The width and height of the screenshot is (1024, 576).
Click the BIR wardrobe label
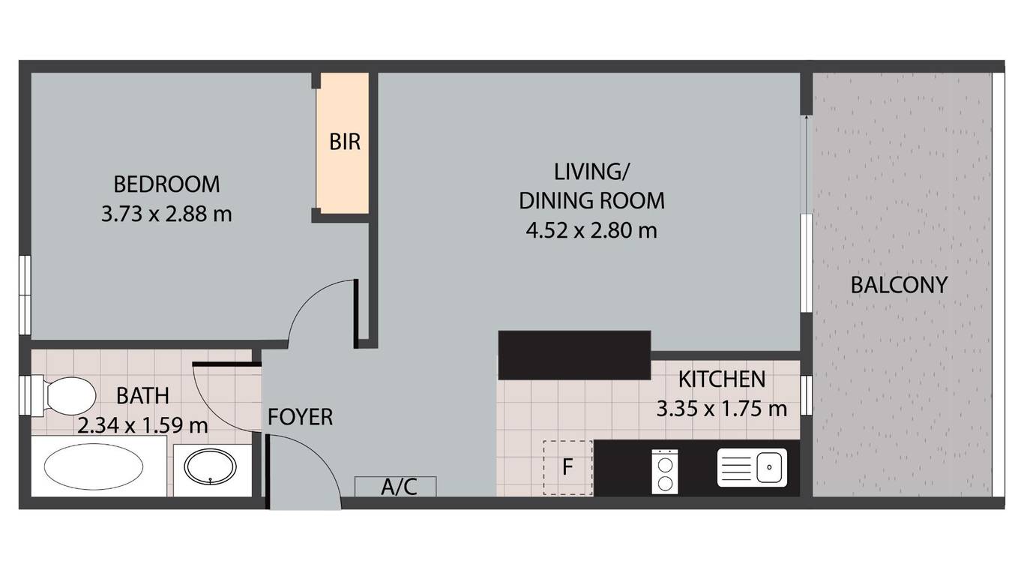tap(345, 142)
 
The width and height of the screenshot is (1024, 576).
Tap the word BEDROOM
tap(167, 184)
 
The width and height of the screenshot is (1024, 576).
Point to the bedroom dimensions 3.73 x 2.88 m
tap(166, 214)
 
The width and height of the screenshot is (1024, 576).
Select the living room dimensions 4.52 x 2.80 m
tap(591, 230)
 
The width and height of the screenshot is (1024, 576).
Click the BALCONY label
tap(900, 284)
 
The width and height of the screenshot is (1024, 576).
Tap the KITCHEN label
tap(722, 379)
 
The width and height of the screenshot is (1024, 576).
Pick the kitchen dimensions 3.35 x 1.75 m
tap(722, 409)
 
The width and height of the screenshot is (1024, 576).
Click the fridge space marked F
tap(567, 467)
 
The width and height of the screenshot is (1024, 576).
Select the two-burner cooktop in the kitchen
tap(665, 471)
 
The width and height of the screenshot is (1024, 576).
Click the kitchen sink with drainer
tap(752, 467)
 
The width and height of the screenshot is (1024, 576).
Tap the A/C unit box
tap(396, 486)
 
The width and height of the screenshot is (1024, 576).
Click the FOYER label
tap(301, 417)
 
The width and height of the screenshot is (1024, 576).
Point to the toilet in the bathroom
tap(64, 396)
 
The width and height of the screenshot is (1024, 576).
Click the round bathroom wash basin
tap(211, 467)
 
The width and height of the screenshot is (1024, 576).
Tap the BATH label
tap(142, 396)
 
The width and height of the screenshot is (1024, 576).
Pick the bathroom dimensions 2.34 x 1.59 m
tap(142, 426)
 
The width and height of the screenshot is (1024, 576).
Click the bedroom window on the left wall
tap(25, 295)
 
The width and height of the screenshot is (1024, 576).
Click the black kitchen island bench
tap(574, 355)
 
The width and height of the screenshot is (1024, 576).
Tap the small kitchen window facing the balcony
tap(807, 395)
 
